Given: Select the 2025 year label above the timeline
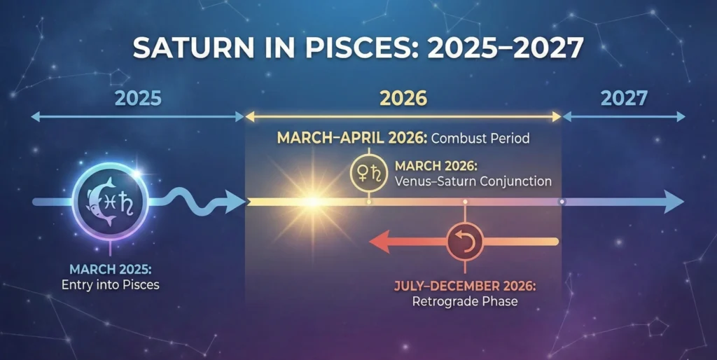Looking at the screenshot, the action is coord(138,98).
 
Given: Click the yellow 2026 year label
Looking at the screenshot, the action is coord(403,98).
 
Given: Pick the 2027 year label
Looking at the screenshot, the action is coord(624,98).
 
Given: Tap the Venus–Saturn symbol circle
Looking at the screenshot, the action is coord(368,173).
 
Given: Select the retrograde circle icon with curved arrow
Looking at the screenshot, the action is coord(465,242).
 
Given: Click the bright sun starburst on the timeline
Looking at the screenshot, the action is coord(313,201).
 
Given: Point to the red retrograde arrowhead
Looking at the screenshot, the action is coord(379,242).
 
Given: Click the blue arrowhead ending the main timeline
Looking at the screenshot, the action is coord(674,202).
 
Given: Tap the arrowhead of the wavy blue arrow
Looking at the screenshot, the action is coord(235,202).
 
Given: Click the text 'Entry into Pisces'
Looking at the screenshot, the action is coord(111,285).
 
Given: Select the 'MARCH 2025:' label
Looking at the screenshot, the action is coord(111,269).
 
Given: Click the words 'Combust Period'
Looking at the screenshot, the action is coord(480,138).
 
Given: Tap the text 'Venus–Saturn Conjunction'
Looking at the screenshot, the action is coord(473,181).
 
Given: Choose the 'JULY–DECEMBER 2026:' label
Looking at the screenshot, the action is coord(465,286).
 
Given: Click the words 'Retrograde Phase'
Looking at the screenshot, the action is coord(465,302).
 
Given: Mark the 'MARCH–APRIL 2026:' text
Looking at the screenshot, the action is coord(352,138).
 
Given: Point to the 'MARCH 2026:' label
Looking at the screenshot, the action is coord(436,165).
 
